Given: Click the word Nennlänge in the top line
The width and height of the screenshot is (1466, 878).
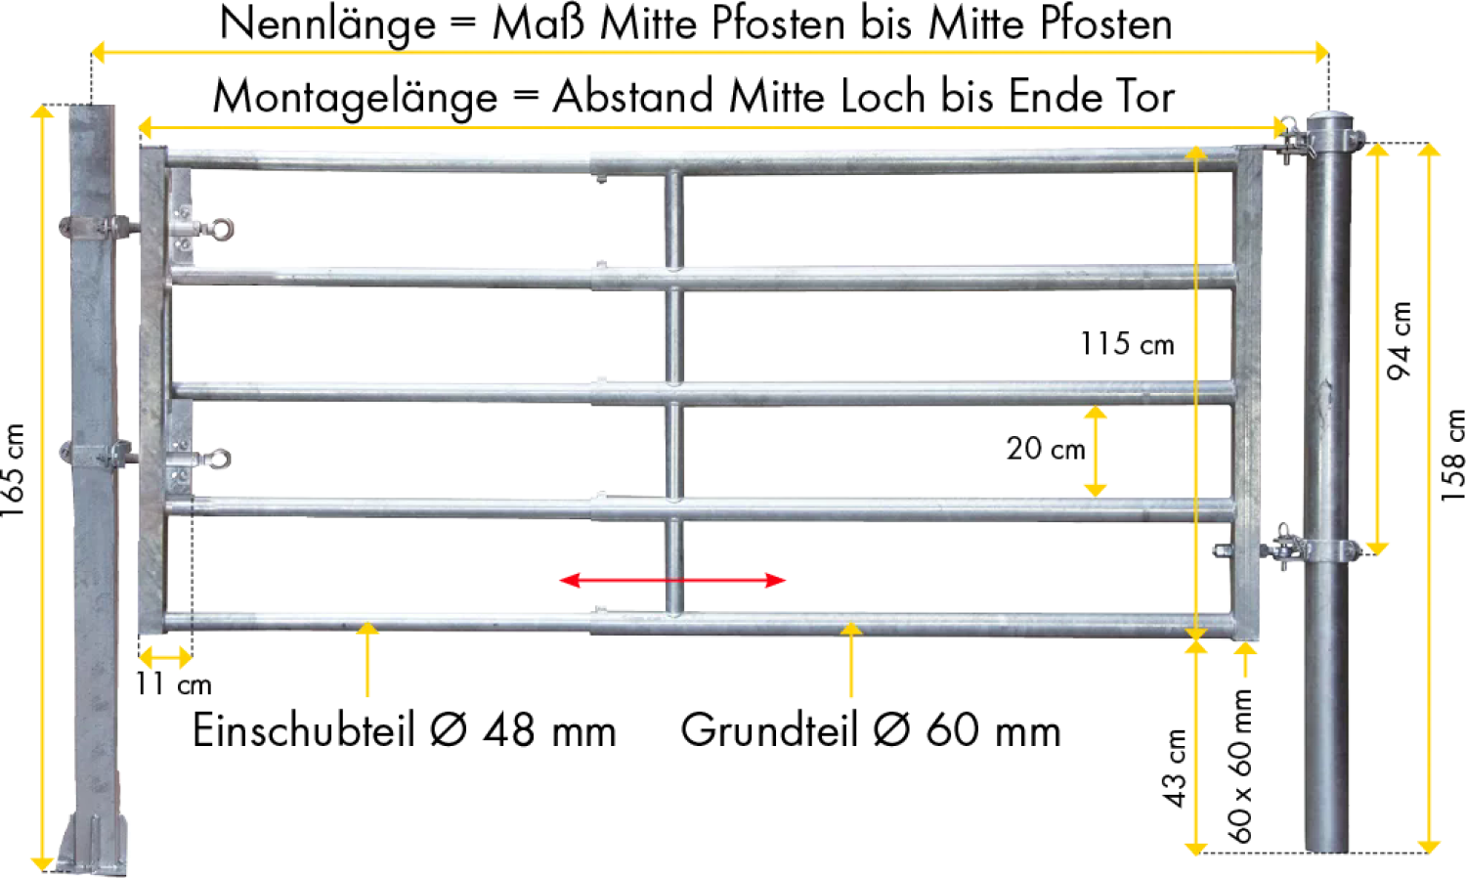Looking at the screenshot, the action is pos(327,24).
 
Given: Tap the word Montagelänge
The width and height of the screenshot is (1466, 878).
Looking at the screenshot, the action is pos(356,98).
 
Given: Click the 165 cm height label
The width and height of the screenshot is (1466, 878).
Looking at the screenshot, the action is pos(13,470).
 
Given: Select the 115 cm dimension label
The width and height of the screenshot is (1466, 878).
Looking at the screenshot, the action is pos(1127,344).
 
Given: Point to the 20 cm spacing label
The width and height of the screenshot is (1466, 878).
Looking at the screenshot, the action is pos(1046,449).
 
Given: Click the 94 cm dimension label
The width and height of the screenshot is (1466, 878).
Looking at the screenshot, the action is pos(1400,340).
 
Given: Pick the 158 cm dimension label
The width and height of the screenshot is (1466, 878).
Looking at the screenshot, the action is pos(1452,455).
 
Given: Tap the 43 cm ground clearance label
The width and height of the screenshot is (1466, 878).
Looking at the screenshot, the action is pos(1174,768).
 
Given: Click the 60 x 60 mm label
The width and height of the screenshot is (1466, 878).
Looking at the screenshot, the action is pos(1239,766).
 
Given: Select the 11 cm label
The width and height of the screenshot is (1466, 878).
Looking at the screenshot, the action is pos(173,684).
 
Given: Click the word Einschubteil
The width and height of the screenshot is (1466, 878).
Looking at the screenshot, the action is pos(304,730).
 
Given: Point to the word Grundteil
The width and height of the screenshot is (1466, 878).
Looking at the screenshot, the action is pos(770,730).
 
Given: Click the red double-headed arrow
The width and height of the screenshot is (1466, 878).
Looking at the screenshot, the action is pos(672,580).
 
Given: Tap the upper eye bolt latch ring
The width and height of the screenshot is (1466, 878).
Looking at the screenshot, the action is pos(221,229).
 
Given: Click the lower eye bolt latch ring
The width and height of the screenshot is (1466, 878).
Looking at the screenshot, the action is pos(219,459).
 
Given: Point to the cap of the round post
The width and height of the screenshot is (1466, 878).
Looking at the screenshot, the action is pos(1329,122).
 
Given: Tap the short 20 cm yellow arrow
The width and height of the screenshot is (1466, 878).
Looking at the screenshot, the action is pos(1095,451).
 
